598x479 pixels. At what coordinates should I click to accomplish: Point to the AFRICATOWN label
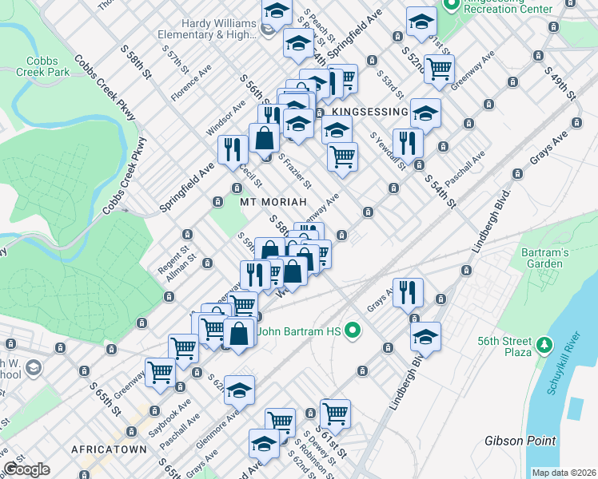(109, 449)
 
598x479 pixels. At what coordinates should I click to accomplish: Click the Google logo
(27, 469)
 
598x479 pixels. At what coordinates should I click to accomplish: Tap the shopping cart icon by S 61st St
(335, 413)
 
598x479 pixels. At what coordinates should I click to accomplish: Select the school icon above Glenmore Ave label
(239, 390)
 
